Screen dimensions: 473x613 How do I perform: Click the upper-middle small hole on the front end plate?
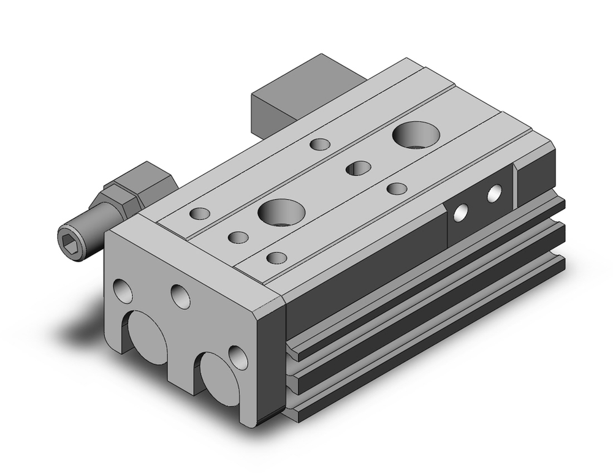pos(180,295)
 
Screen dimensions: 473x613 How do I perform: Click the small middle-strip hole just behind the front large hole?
pos(358,168)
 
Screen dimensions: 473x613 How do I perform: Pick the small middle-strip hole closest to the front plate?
pos(237,236)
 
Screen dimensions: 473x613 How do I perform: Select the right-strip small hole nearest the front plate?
pos(277,257)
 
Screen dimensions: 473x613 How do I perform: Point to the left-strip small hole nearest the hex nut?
pos(200,214)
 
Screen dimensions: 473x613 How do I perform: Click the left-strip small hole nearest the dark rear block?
pos(320,145)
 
